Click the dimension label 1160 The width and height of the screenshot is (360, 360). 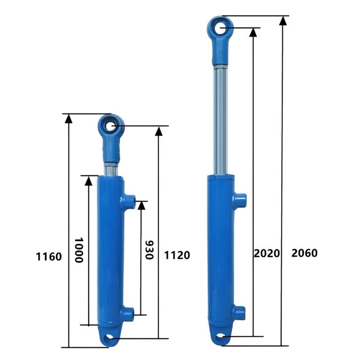pyautogui.click(x=49, y=256)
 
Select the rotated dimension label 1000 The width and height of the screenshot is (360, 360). pyautogui.click(x=78, y=250)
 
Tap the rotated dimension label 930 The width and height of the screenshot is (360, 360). pyautogui.click(x=149, y=250)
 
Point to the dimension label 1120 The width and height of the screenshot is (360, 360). pyautogui.click(x=177, y=255)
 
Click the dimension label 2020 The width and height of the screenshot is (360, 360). pyautogui.click(x=267, y=253)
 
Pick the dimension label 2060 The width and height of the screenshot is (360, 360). pyautogui.click(x=304, y=253)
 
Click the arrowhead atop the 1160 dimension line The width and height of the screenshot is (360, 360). pyautogui.click(x=68, y=119)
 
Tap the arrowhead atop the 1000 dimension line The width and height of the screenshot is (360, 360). pyautogui.click(x=88, y=180)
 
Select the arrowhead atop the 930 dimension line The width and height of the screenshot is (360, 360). pyautogui.click(x=141, y=205)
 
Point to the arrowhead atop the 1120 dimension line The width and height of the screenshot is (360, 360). pyautogui.click(x=159, y=131)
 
